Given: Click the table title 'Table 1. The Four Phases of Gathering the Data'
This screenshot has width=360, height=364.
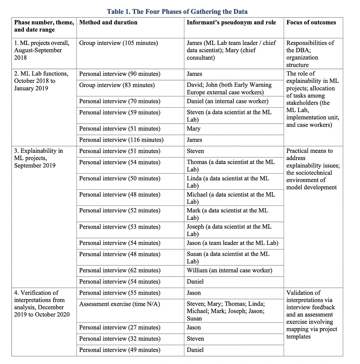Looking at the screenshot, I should pyautogui.click(x=177, y=12).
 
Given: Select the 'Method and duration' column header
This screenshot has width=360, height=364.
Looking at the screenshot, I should pyautogui.click(x=108, y=22).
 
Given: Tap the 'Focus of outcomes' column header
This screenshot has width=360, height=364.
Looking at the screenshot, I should pyautogui.click(x=311, y=22).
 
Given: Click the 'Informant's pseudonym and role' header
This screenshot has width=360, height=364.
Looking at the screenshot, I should pyautogui.click(x=231, y=22).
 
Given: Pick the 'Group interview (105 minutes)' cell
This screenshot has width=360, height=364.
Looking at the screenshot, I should pyautogui.click(x=118, y=43).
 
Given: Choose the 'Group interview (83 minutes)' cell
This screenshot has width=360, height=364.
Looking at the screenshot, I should pyautogui.click(x=117, y=85).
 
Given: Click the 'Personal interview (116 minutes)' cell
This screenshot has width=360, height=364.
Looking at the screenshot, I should pyautogui.click(x=121, y=140).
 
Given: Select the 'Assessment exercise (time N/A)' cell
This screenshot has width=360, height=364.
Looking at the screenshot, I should pyautogui.click(x=120, y=304).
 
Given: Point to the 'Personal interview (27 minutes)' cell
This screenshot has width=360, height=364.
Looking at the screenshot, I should pyautogui.click(x=120, y=327).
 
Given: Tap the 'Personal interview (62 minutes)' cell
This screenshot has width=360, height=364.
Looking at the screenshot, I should pyautogui.click(x=120, y=270).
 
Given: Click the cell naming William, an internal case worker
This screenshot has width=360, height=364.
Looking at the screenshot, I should pyautogui.click(x=229, y=270).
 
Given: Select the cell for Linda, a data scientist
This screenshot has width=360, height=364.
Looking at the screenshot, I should pyautogui.click(x=228, y=182).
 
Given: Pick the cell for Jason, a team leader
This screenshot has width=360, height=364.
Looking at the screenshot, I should pyautogui.click(x=232, y=243).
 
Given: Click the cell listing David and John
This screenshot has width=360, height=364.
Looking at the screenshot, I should pyautogui.click(x=229, y=88).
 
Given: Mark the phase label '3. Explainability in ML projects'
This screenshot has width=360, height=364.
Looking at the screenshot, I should pyautogui.click(x=39, y=158).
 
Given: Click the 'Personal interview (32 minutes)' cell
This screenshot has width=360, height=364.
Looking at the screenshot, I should pyautogui.click(x=120, y=339).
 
